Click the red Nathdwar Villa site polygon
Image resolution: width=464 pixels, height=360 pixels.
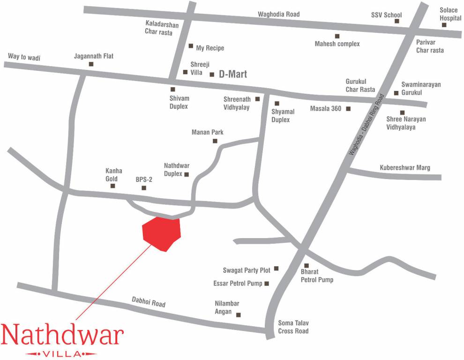coord(162,233)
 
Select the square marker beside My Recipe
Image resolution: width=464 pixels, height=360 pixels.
coord(191,46)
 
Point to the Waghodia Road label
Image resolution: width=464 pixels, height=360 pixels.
coord(278,14)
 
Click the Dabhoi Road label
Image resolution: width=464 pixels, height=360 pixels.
coord(149,302)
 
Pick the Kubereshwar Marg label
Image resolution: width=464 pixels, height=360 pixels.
coord(404,167)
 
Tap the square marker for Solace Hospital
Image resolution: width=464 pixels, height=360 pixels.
coord(444,25)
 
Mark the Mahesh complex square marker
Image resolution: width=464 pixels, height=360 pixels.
coord(337,36)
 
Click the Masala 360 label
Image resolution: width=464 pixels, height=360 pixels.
coord(326,109)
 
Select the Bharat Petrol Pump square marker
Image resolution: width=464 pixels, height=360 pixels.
coord(307,265)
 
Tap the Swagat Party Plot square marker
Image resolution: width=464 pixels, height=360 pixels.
coord(276,269)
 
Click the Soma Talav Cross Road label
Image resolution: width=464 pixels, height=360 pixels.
coord(293,327)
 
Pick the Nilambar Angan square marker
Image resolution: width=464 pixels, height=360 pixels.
coord(238,315)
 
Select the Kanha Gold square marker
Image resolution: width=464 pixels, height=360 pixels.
coord(112,186)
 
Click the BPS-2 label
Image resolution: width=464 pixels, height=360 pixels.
coord(144,179)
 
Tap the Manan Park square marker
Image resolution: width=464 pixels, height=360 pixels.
coord(215,141)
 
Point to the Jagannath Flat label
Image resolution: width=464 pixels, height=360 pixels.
coord(94,56)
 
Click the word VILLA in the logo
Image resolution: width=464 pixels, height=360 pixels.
coord(61,353)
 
